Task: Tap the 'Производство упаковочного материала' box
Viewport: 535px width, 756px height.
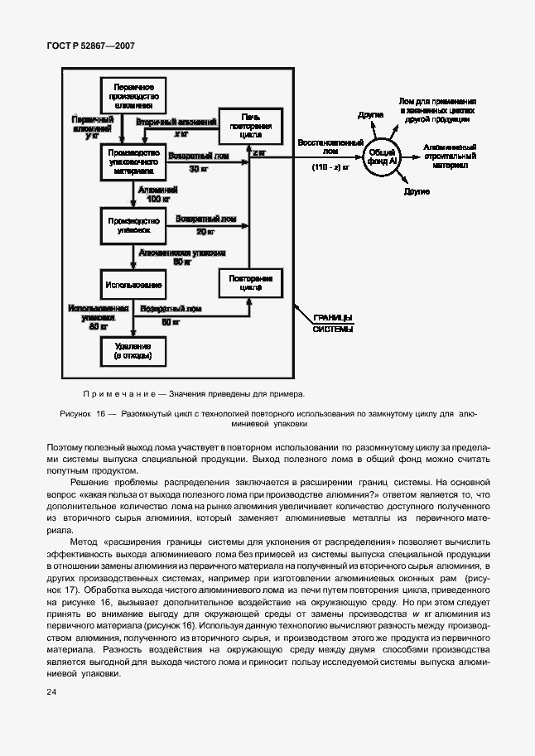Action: coord(133,161)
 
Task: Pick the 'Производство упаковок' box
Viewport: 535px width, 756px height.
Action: coord(133,226)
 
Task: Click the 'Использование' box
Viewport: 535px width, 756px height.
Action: coord(133,284)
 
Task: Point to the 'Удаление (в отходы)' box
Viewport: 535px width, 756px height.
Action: coord(133,350)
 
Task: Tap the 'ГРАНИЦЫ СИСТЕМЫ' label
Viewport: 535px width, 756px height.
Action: coord(333,323)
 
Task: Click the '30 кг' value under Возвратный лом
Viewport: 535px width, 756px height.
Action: coord(196,169)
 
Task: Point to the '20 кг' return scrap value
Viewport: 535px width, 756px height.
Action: coord(205,232)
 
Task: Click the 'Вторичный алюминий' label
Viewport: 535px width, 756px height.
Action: coord(176,122)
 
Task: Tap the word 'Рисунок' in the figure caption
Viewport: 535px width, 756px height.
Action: coord(78,412)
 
